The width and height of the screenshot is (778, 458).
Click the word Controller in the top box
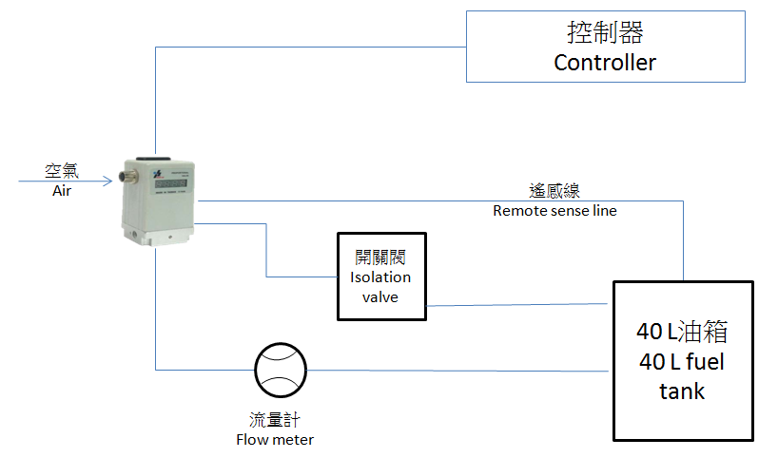tap(605, 64)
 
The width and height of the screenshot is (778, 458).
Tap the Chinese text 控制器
tap(605, 34)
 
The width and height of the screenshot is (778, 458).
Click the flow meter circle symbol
tap(281, 370)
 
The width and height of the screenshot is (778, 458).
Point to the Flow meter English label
tap(275, 439)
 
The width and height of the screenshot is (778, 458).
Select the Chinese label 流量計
tap(275, 420)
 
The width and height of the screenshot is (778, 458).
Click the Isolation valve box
tap(381, 276)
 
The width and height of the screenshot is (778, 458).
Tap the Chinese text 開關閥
tap(380, 258)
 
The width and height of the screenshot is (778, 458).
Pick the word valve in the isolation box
tap(380, 296)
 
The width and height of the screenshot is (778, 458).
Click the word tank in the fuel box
tap(682, 391)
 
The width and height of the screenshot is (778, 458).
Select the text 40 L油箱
tap(682, 333)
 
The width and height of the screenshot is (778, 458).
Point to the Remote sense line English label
tap(554, 211)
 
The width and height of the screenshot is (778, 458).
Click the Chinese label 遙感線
tap(554, 191)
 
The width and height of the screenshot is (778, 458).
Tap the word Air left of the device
tap(63, 190)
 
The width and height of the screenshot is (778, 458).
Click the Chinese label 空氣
tap(63, 171)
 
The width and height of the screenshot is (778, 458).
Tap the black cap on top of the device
tap(152, 161)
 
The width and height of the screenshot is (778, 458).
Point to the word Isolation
tap(380, 277)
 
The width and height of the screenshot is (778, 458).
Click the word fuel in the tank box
tap(703, 362)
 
